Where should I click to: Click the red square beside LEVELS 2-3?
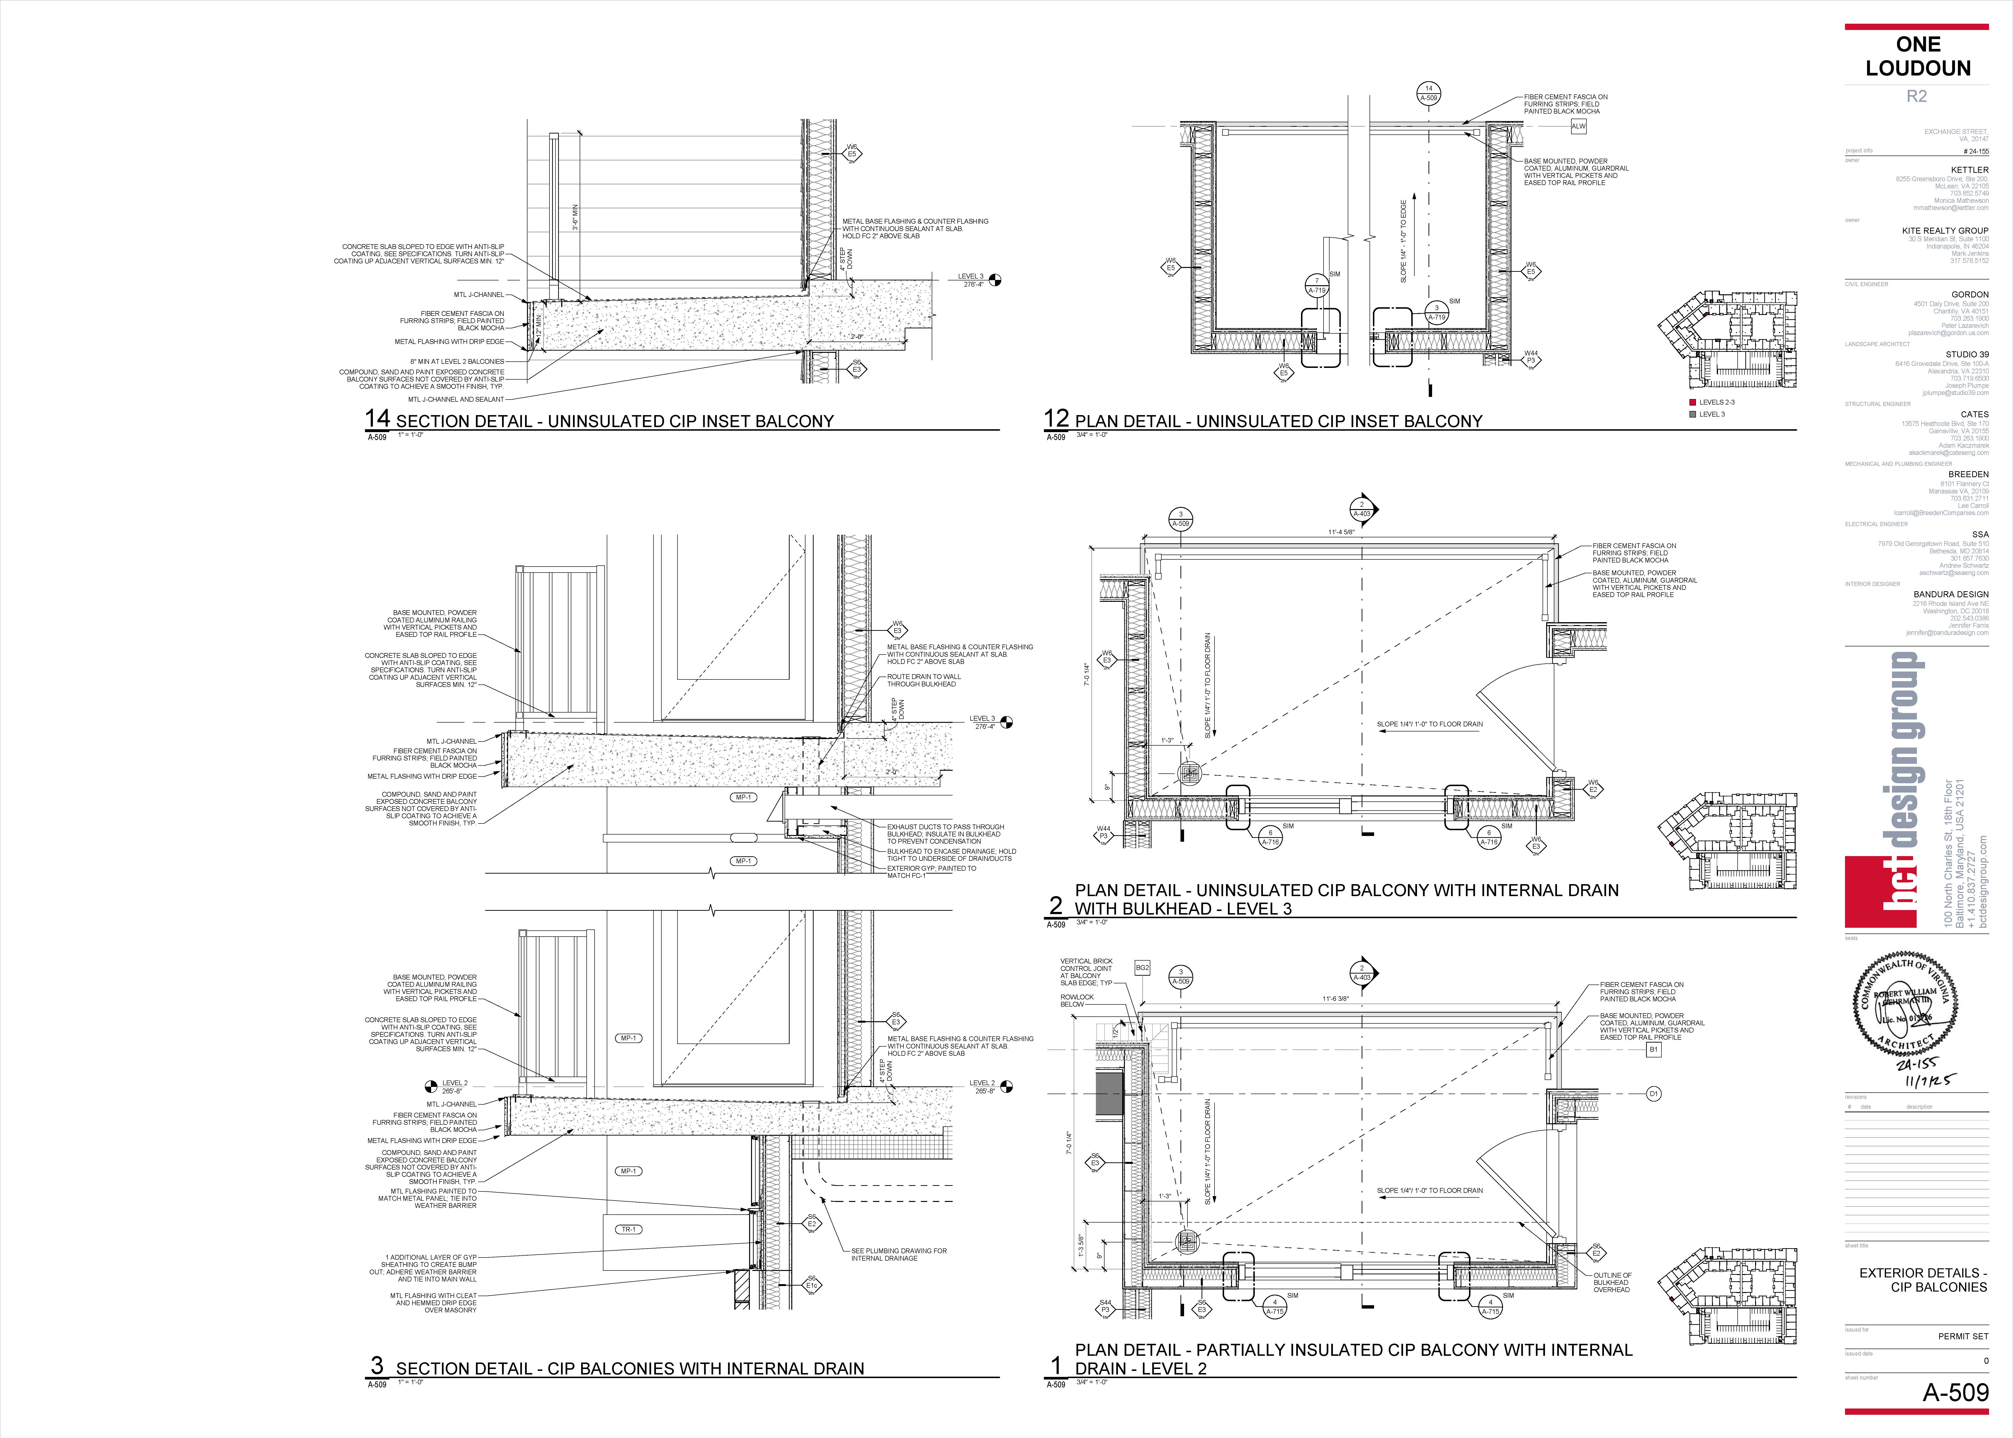coord(1693,402)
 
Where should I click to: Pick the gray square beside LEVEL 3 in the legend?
coord(1693,414)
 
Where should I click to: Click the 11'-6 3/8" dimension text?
coord(1335,999)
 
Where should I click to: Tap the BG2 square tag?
coord(1142,968)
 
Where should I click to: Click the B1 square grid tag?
coord(1653,1049)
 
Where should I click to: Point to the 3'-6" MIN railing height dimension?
coord(575,217)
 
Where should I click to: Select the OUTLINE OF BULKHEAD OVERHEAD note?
coord(1612,1282)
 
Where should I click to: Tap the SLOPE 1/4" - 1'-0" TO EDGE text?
coord(1403,241)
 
